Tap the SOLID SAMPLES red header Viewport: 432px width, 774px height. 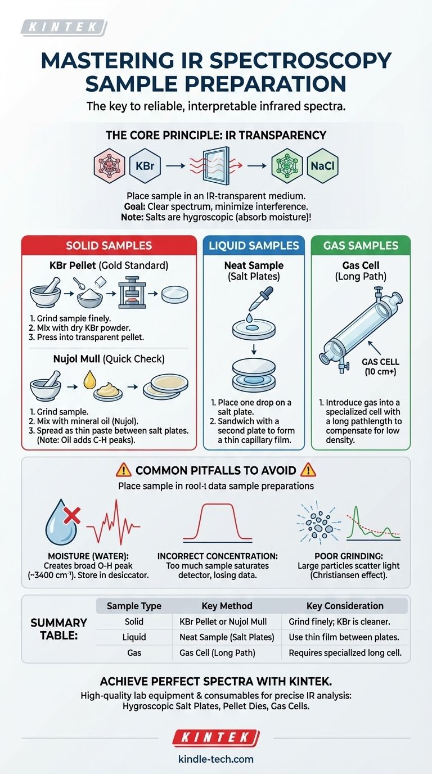point(109,246)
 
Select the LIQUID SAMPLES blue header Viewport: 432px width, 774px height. point(253,246)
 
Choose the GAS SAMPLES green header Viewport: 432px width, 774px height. point(361,246)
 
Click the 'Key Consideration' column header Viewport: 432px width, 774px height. point(345,606)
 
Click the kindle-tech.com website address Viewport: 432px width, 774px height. point(216,759)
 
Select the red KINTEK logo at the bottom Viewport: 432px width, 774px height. point(216,737)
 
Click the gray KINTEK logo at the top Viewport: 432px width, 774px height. point(63,27)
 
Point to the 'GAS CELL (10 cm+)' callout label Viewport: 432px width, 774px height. point(381,367)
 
